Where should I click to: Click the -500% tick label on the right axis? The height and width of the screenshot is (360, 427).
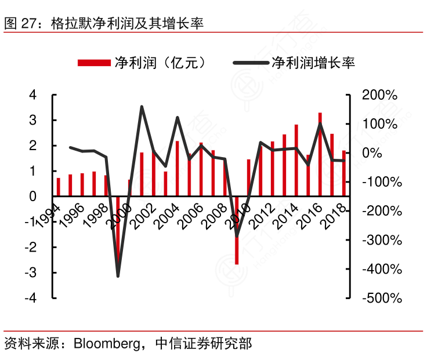click(379, 298)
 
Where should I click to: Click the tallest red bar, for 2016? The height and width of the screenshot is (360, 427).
click(320, 154)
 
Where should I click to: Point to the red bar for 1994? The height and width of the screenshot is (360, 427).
click(58, 187)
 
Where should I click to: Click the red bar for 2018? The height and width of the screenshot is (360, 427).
click(343, 173)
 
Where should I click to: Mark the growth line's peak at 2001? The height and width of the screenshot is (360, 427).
click(142, 107)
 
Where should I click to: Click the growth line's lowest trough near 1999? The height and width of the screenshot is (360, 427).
click(118, 275)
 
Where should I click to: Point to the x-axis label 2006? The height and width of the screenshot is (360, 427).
click(191, 215)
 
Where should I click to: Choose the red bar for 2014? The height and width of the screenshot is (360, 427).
click(296, 161)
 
